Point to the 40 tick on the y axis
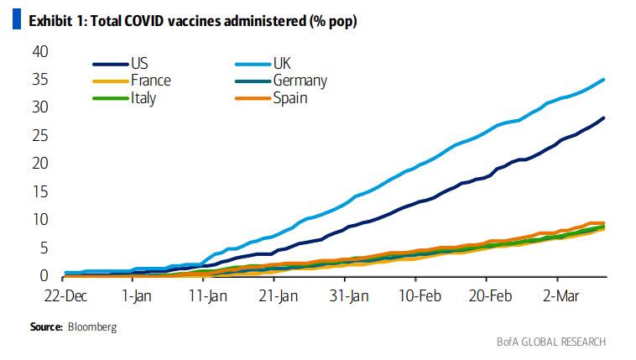[x=39, y=52]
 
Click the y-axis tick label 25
[x=39, y=136]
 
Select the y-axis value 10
[x=39, y=220]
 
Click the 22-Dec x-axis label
[x=65, y=295]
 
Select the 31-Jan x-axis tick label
[x=348, y=295]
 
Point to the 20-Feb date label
[x=490, y=295]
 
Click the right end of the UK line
[x=604, y=80]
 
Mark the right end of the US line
[x=604, y=117]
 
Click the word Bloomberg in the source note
[x=91, y=326]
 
